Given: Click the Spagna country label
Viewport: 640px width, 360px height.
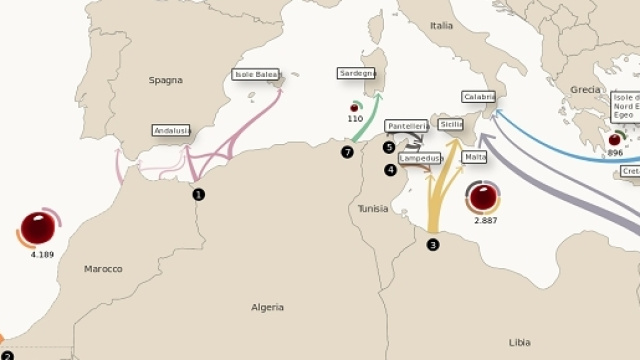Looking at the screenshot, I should coord(166,80).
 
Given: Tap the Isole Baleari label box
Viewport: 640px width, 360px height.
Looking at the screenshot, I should coord(256,74).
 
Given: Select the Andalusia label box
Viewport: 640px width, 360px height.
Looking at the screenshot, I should coord(171,130).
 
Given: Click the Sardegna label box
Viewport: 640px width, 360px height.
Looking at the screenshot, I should coord(357,73).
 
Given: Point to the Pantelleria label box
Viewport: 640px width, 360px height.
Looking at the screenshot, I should coord(407,126).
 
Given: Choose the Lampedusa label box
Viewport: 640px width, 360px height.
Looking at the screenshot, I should coord(420,158).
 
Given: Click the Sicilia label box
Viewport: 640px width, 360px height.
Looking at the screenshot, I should coord(451,124).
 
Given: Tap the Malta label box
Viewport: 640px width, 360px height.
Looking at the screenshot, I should coord(475,157).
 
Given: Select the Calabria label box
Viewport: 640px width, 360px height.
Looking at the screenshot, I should coord(479,97).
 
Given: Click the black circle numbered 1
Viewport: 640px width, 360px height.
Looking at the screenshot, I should coord(199,194).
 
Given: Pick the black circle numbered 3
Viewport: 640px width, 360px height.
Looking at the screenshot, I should coord(433,244).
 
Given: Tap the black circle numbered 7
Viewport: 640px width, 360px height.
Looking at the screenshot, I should coord(347,153).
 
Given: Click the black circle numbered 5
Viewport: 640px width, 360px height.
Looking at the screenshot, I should coord(389,147).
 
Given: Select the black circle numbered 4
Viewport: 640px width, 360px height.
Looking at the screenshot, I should coord(390,170).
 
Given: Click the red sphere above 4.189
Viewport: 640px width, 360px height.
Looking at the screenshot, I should coord(39,227).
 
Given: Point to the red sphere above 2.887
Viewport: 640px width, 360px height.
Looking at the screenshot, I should coord(485,196).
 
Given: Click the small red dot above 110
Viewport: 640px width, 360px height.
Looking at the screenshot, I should coord(354,107).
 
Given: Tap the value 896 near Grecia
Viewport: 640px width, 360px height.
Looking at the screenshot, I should coord(615,153).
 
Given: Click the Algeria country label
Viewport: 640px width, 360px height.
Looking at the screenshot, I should coord(267,307).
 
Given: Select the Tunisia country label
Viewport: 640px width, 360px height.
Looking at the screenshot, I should coord(373,209).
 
